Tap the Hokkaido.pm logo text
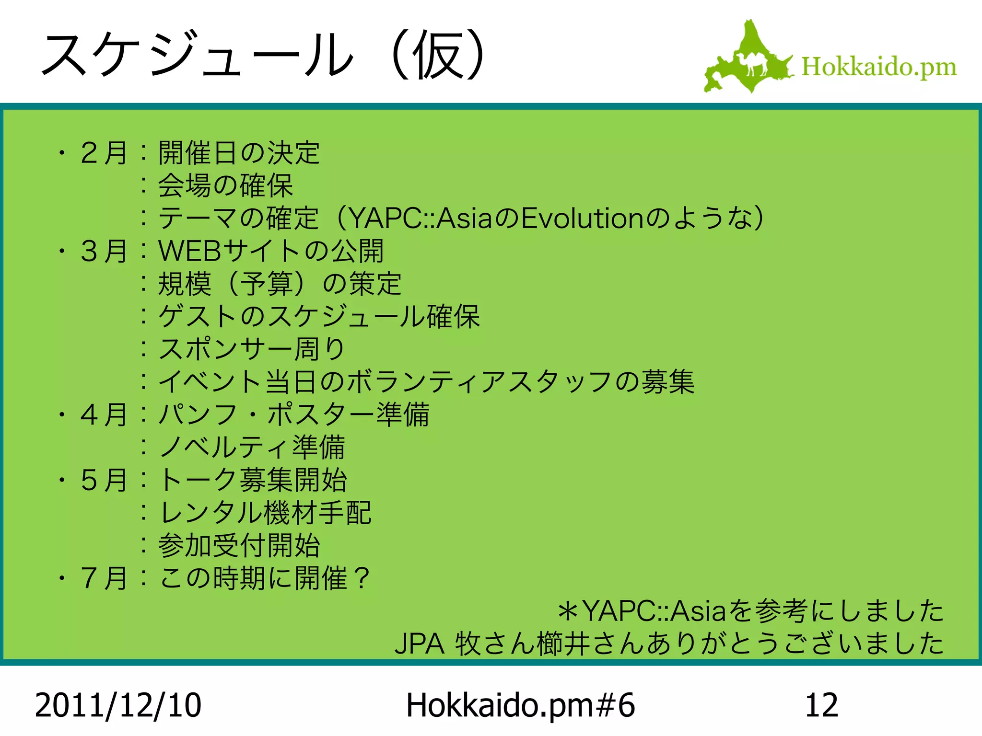[878, 67]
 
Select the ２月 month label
[104, 153]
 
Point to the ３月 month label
[104, 251]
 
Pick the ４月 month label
[104, 415]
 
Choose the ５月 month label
[104, 480]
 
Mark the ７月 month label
[104, 578]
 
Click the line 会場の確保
[225, 186]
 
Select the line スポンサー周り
[251, 349]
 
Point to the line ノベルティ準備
[251, 448]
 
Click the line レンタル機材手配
[265, 513]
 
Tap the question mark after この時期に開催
[361, 578]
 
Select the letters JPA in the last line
[419, 644]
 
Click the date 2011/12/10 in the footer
[118, 705]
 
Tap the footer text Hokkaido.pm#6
[520, 705]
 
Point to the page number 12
[821, 705]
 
